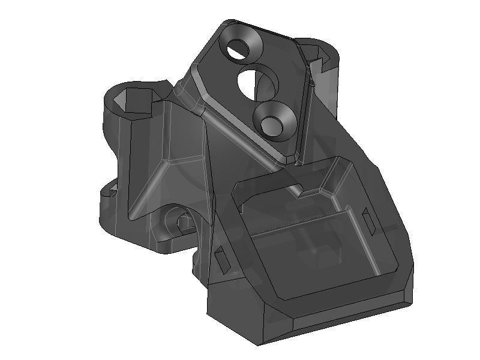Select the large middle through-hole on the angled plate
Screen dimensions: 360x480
click(x=257, y=82)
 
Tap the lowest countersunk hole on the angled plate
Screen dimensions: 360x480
click(x=274, y=119)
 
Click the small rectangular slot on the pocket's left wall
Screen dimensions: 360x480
click(x=221, y=259)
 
